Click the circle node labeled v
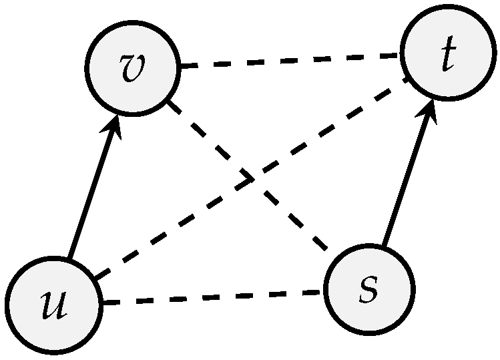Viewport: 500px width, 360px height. [134, 68]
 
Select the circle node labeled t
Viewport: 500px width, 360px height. [449, 53]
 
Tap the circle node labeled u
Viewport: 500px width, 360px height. [54, 305]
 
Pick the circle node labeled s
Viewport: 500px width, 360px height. [369, 289]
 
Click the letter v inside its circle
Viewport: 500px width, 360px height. [134, 68]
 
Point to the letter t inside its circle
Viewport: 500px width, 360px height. [448, 55]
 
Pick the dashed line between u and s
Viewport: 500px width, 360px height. [212, 298]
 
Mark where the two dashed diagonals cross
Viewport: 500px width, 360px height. [250, 180]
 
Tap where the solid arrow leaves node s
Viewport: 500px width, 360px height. [384, 244]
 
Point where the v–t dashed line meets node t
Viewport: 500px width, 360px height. [402, 55]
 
